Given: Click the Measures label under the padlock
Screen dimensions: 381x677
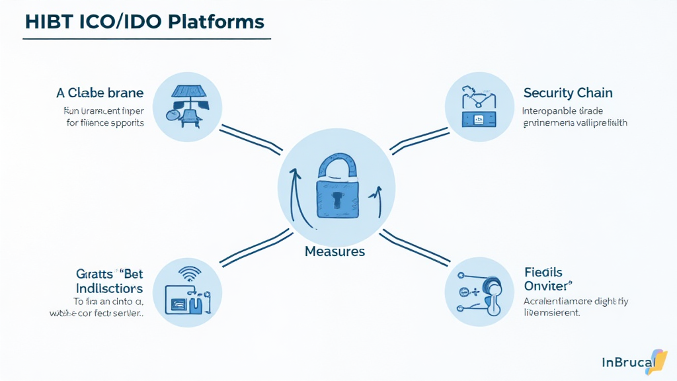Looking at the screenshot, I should click(335, 251).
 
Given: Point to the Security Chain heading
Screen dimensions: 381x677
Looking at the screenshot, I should click(567, 93).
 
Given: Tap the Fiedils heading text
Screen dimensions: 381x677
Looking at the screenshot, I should click(543, 272).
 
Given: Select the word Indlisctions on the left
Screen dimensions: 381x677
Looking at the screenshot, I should click(108, 288).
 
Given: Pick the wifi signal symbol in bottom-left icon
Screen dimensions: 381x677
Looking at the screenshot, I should click(190, 273).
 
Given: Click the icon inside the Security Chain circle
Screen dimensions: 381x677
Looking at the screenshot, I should click(479, 108).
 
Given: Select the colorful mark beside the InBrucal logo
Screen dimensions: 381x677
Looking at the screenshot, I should click(658, 360).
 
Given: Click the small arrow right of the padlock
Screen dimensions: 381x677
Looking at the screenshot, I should click(377, 198).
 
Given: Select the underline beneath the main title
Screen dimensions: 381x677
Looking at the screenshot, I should click(146, 39).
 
